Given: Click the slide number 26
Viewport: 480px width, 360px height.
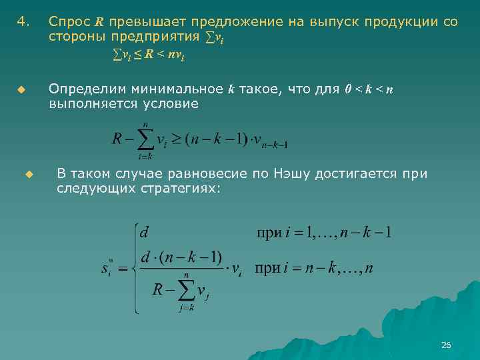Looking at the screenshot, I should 446,345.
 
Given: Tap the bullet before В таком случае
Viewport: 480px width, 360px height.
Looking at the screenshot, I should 29,175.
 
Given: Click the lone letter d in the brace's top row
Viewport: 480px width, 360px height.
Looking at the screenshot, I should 144,233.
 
